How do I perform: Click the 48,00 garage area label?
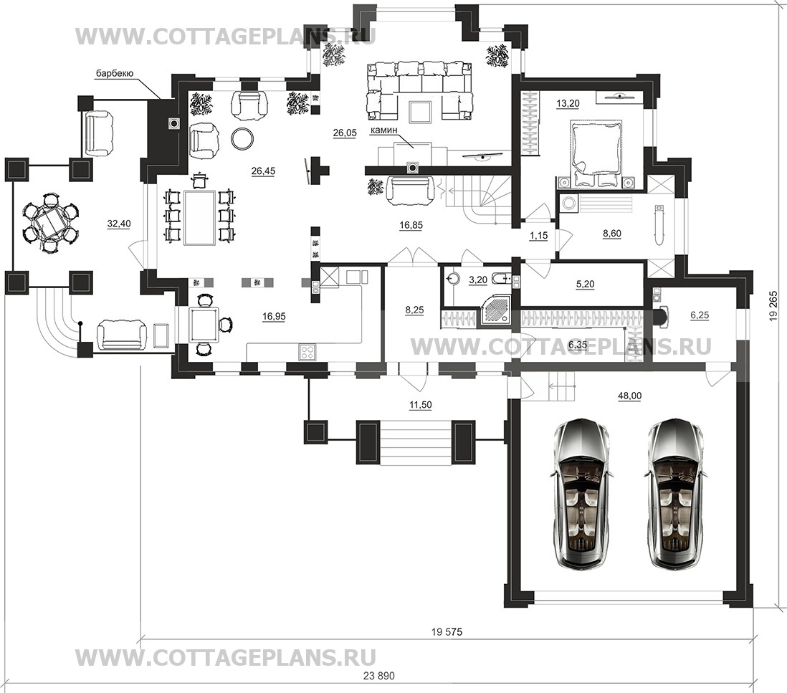pyautogui.click(x=630, y=396)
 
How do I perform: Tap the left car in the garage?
pyautogui.click(x=583, y=494)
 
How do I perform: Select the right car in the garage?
pyautogui.click(x=676, y=494)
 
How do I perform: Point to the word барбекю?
pyautogui.click(x=115, y=75)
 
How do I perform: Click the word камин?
pyautogui.click(x=383, y=130)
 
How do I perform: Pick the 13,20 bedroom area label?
pyautogui.click(x=568, y=104)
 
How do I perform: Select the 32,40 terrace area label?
pyautogui.click(x=119, y=224)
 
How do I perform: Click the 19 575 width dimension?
pyautogui.click(x=447, y=632)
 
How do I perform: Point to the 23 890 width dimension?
pyautogui.click(x=378, y=676)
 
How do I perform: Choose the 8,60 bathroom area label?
pyautogui.click(x=611, y=234)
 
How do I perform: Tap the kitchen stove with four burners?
pyautogui.click(x=307, y=351)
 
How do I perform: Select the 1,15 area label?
pyautogui.click(x=538, y=235)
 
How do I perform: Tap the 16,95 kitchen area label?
pyautogui.click(x=274, y=316)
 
